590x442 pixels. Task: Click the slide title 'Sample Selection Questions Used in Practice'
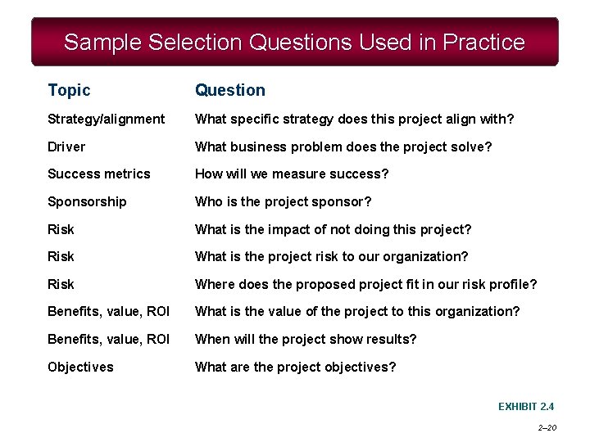pyautogui.click(x=294, y=42)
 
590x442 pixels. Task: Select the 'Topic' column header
pyautogui.click(x=69, y=90)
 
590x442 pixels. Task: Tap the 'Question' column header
pyautogui.click(x=229, y=90)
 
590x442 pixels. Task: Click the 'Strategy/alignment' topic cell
pyautogui.click(x=106, y=120)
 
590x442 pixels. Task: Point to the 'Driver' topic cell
pyautogui.click(x=66, y=147)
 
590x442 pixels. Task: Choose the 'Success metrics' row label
pyautogui.click(x=98, y=174)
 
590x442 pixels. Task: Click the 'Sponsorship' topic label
pyautogui.click(x=87, y=201)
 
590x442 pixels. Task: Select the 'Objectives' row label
pyautogui.click(x=80, y=367)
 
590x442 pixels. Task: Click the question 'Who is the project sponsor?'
pyautogui.click(x=283, y=201)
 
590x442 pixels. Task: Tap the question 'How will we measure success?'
pyautogui.click(x=291, y=174)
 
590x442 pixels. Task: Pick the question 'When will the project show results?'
pyautogui.click(x=305, y=339)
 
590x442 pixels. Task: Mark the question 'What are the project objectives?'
pyautogui.click(x=295, y=367)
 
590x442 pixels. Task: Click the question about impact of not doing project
pyautogui.click(x=333, y=229)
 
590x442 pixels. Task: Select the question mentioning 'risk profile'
pyautogui.click(x=365, y=284)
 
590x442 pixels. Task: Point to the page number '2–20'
pyautogui.click(x=547, y=427)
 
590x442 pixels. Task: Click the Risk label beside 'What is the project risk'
pyautogui.click(x=61, y=256)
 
